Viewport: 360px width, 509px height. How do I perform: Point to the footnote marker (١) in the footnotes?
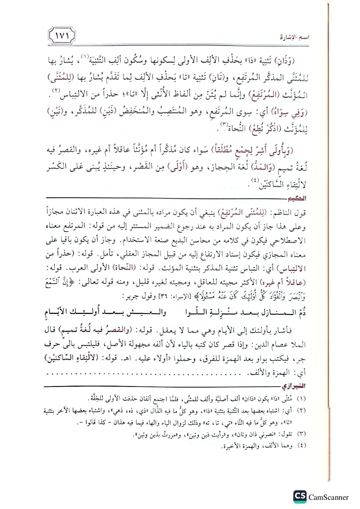pyautogui.click(x=301, y=398)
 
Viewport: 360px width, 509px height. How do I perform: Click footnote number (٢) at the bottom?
pyautogui.click(x=301, y=411)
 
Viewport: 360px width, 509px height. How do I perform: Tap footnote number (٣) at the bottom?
pyautogui.click(x=301, y=434)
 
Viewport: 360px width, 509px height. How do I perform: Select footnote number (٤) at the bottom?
pyautogui.click(x=301, y=445)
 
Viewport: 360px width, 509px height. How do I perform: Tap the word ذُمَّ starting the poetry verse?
pyautogui.click(x=299, y=312)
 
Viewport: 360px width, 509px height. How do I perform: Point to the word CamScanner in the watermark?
pyautogui.click(x=328, y=497)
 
